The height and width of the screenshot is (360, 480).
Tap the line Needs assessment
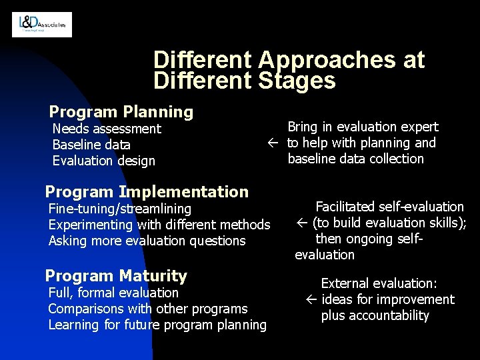pos(107,128)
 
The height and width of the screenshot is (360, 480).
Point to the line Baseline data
pos(91,144)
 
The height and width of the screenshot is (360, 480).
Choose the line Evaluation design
pos(103,160)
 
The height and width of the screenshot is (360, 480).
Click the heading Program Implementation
pos(147,192)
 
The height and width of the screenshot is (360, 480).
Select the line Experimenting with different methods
pos(159,225)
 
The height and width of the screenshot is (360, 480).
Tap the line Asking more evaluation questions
pos(147,241)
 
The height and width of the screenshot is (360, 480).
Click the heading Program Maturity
pos(116,275)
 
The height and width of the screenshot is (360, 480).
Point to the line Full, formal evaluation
pos(114,292)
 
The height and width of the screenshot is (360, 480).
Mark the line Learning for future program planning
pos(157,325)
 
